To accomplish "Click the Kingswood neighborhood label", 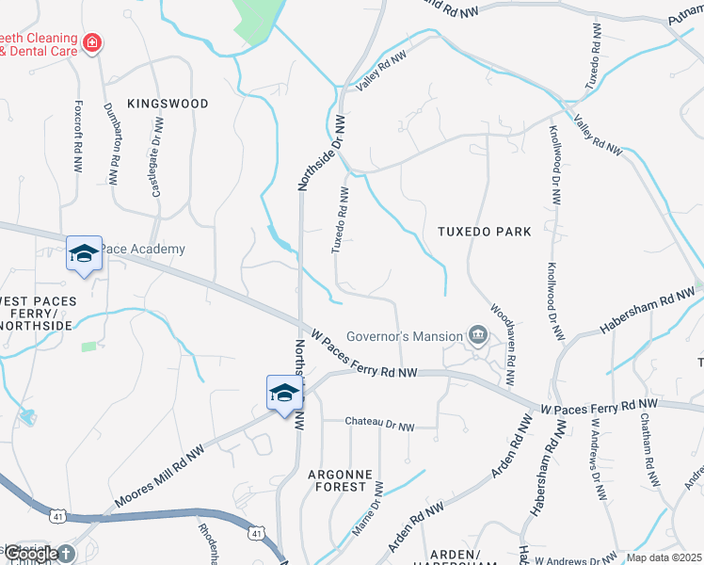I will [x=168, y=103].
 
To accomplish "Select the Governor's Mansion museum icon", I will [x=478, y=335].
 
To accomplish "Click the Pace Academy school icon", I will [x=83, y=253].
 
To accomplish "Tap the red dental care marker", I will [x=91, y=42].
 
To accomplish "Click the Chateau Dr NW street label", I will [x=379, y=426].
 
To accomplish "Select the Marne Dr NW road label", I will [x=367, y=509].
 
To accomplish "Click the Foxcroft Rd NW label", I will [x=78, y=137].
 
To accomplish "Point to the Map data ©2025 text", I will [x=664, y=557].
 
